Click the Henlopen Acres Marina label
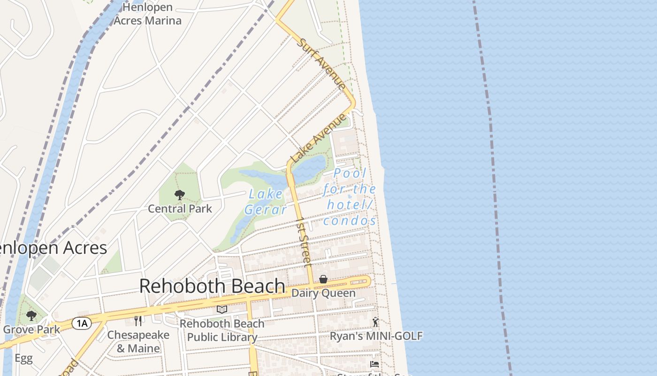click(147, 14)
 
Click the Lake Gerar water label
click(266, 202)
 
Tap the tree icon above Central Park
click(179, 195)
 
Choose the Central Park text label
click(180, 208)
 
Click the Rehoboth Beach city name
click(212, 286)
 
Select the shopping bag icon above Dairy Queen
click(323, 280)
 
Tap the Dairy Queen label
click(323, 293)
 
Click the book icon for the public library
click(222, 309)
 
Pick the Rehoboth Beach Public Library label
click(222, 330)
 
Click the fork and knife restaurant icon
click(138, 321)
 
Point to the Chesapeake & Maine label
click(138, 342)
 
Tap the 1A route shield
click(81, 323)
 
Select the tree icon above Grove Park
click(31, 315)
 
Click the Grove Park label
click(31, 329)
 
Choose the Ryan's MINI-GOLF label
click(376, 336)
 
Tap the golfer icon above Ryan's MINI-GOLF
click(375, 322)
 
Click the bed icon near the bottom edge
click(374, 364)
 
